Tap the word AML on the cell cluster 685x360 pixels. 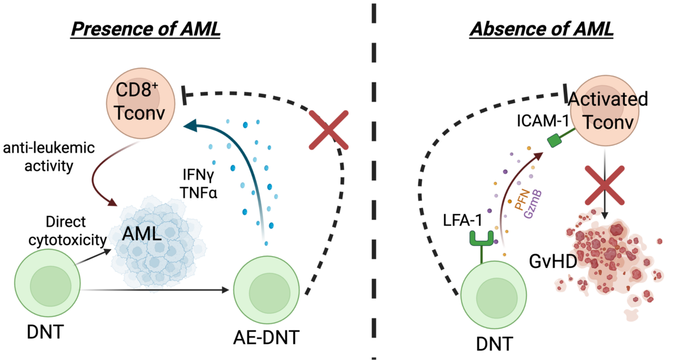[x=142, y=233]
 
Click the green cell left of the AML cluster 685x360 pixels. [x=47, y=282]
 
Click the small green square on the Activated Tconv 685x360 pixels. [x=554, y=142]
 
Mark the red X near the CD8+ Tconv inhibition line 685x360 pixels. [x=328, y=129]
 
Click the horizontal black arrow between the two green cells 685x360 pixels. [x=156, y=291]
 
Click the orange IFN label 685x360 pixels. [x=520, y=198]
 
